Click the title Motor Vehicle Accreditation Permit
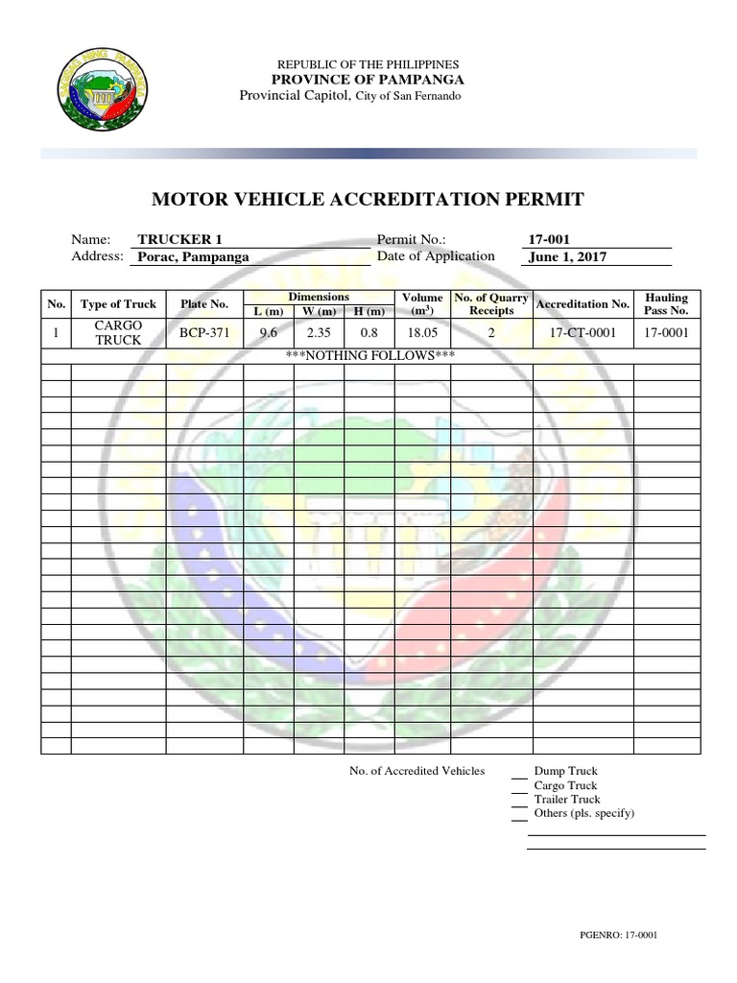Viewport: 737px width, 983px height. tap(368, 200)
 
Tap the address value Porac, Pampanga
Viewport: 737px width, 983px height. tap(193, 257)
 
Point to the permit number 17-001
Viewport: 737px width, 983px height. tap(550, 240)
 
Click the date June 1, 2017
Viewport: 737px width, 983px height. tap(567, 257)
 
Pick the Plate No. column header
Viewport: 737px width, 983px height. tap(204, 304)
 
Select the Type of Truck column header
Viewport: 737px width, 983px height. tap(118, 304)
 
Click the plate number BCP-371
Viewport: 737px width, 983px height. tap(204, 333)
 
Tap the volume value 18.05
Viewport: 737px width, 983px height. tap(421, 333)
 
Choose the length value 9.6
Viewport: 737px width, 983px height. tap(268, 333)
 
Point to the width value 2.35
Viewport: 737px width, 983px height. tap(319, 333)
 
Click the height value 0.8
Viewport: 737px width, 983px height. tap(368, 333)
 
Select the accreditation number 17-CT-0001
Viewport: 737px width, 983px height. tap(582, 333)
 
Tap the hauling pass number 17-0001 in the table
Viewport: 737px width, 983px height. tap(666, 333)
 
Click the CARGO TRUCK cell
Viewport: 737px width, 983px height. tap(118, 333)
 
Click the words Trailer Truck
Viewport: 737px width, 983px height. tap(567, 800)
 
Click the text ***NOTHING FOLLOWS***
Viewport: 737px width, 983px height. tap(369, 356)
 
